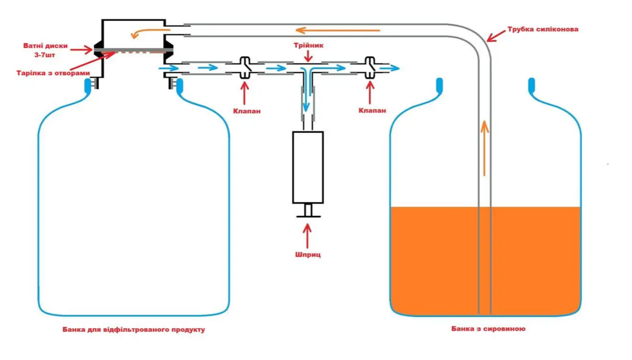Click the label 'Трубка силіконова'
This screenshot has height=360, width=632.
click(543, 29)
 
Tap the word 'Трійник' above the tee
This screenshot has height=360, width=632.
click(308, 45)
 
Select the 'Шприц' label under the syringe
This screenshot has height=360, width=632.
click(308, 255)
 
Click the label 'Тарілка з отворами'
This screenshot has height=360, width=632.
click(53, 73)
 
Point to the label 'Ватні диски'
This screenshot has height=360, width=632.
click(45, 45)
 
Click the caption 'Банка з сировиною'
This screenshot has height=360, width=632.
click(488, 329)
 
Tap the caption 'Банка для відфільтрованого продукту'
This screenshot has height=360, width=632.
click(133, 329)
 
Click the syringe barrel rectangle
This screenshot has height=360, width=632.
click(308, 167)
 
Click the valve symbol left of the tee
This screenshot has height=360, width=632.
click(245, 68)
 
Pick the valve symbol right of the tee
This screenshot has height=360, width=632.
click(370, 68)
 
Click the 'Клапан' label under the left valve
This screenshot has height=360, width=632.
click(247, 111)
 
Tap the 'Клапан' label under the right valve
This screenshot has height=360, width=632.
click(372, 110)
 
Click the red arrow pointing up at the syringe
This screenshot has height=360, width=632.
click(307, 236)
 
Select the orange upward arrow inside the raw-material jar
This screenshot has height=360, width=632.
click(485, 148)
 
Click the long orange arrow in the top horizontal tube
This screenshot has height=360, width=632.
click(338, 30)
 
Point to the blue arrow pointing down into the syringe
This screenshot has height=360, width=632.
click(306, 90)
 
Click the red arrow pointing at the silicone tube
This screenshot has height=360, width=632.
click(496, 36)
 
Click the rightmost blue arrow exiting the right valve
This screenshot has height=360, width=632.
click(389, 68)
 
